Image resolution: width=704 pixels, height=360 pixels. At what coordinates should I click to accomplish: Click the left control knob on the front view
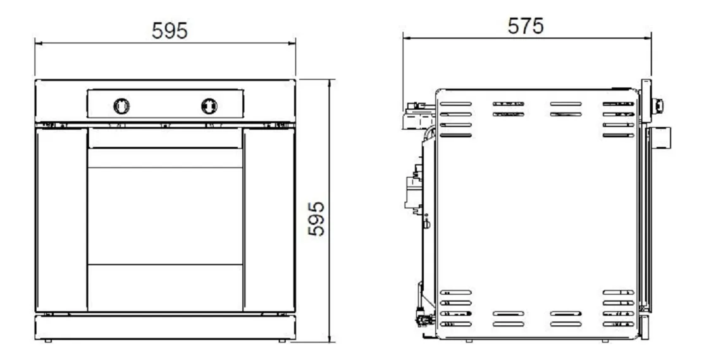tap(121, 106)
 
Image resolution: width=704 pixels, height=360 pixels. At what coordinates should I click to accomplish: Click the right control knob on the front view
tap(209, 106)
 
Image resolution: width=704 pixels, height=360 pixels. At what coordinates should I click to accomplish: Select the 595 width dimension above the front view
tap(170, 30)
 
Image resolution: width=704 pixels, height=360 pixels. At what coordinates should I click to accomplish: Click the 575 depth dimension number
tap(526, 26)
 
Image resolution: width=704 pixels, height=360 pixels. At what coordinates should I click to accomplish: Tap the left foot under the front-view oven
tap(48, 341)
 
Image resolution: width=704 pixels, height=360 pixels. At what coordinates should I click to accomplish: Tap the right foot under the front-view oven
tap(282, 341)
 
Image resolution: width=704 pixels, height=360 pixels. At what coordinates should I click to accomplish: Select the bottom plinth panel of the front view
tap(165, 327)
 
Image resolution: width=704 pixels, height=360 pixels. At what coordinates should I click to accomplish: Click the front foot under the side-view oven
tap(605, 340)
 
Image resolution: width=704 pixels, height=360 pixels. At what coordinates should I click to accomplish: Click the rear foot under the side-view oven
tap(468, 340)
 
